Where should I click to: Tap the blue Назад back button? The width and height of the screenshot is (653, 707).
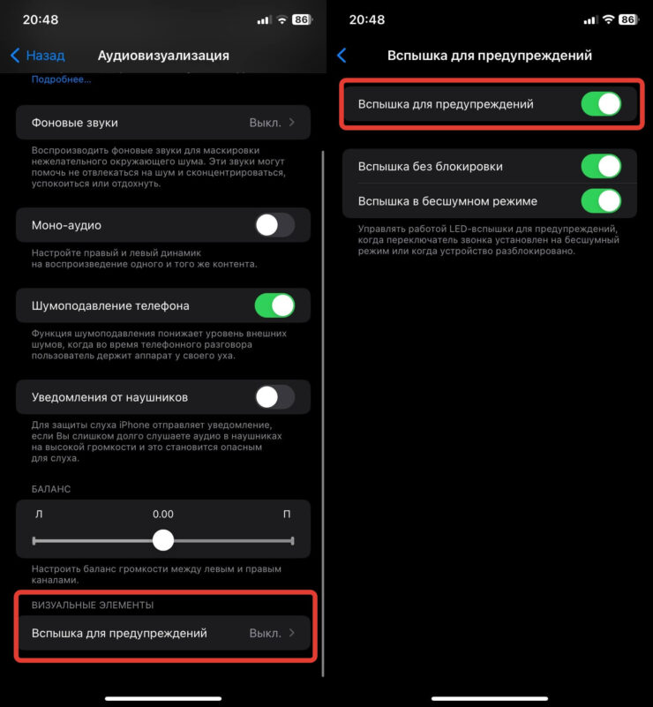tap(37, 56)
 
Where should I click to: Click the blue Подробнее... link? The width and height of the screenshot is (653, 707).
tap(61, 79)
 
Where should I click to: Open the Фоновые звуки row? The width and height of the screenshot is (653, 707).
tap(163, 123)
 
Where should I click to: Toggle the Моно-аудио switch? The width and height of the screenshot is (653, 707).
tap(275, 225)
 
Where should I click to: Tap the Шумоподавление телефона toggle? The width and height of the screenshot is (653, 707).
tap(275, 305)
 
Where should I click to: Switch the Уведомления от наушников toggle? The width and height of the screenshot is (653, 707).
tap(275, 397)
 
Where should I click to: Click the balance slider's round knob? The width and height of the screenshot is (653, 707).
tap(163, 540)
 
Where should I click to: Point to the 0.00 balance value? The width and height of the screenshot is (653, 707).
tap(163, 514)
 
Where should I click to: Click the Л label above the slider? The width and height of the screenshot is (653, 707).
tap(39, 514)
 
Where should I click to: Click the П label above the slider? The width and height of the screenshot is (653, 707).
tap(287, 514)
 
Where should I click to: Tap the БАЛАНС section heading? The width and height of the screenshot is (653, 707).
tap(51, 489)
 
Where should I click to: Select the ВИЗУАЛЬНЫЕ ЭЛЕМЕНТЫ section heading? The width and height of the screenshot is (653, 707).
tap(93, 605)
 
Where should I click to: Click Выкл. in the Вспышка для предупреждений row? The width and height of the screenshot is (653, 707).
tap(266, 633)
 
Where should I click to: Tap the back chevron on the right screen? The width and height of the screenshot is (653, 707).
tap(342, 56)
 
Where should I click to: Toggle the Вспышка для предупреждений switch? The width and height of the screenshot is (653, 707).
tap(601, 104)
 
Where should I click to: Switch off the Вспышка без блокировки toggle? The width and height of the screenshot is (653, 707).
tap(601, 167)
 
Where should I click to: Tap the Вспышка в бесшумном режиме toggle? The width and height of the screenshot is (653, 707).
tap(601, 201)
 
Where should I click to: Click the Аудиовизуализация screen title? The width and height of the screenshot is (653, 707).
tap(163, 56)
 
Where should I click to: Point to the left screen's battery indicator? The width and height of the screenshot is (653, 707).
tap(303, 19)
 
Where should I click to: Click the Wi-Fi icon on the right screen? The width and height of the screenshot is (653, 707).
tap(608, 19)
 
